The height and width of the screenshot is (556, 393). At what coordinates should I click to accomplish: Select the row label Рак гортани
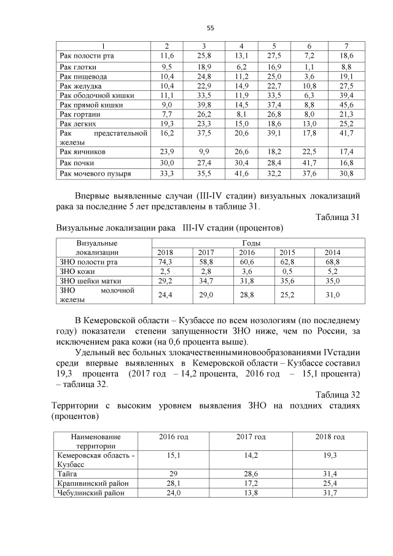click(x=79, y=114)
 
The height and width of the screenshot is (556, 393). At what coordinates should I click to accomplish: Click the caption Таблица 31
click(x=337, y=217)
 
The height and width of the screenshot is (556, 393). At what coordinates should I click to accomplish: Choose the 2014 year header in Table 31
click(x=332, y=253)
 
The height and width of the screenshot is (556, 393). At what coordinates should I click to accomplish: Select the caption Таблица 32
click(x=337, y=394)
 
